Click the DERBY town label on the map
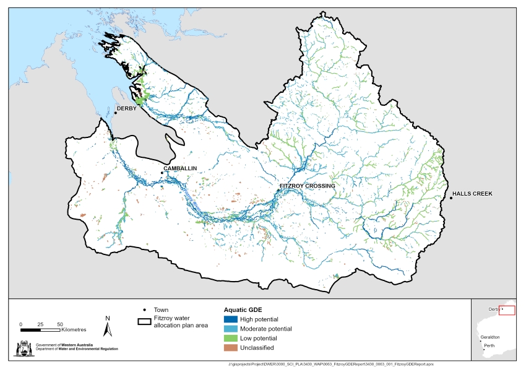tap(127, 110)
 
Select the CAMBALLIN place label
tap(181, 168)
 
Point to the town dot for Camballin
tap(162, 173)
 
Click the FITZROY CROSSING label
tap(307, 186)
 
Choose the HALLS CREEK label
tap(472, 194)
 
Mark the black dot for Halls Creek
tap(451, 197)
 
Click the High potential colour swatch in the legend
tap(231, 319)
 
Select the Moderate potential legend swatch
tap(231, 329)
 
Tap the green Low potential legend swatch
tap(231, 339)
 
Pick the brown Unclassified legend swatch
tap(231, 348)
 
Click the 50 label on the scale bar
tap(60, 324)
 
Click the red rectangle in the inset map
tap(506, 310)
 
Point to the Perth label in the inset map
tap(489, 345)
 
